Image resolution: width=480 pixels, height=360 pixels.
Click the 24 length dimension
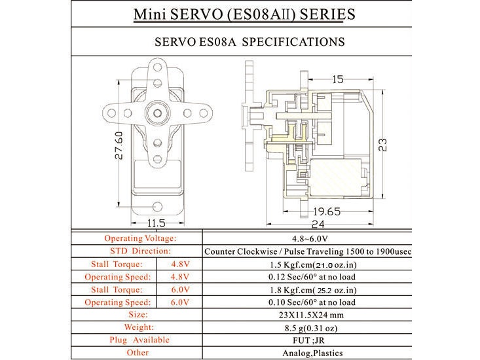click(x=319, y=223)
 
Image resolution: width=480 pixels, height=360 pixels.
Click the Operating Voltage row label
click(x=139, y=239)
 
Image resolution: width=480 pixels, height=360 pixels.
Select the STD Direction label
click(x=139, y=251)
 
